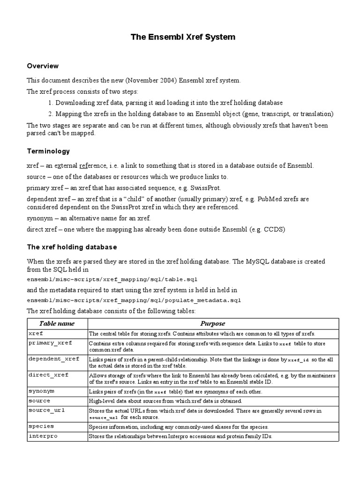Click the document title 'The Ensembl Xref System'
[x=182, y=37]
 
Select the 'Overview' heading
[x=43, y=66]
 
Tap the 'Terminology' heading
[x=48, y=151]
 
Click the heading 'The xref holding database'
[x=72, y=247]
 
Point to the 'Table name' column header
[x=57, y=323]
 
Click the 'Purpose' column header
[x=212, y=323]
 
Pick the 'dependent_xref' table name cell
[x=53, y=359]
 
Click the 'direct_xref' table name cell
[x=48, y=375]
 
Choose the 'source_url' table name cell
[x=46, y=410]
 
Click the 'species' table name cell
[x=41, y=426]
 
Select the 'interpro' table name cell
[x=43, y=435]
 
